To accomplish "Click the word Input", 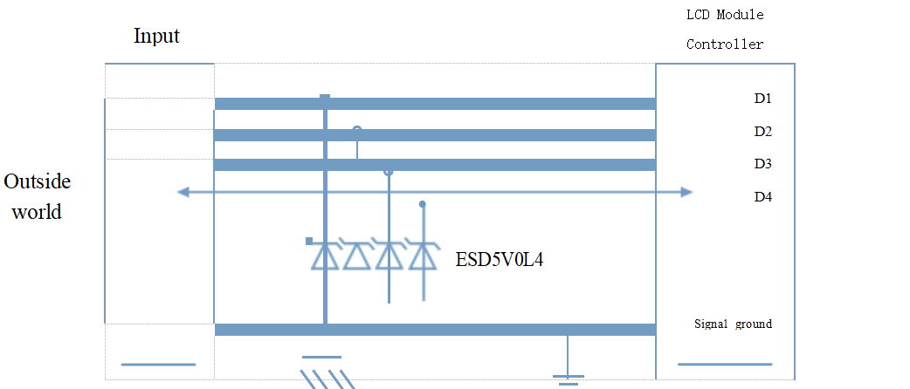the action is pos(156,37).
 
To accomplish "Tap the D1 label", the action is pos(762,99).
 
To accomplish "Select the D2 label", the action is pos(762,132).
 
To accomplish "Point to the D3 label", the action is pos(762,164).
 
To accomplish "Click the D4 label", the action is pos(762,197).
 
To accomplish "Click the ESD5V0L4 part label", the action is pos(500,259).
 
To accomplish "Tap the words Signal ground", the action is pos(733,324).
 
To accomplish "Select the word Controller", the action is pos(725,44).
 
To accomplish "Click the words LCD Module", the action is pos(725,15).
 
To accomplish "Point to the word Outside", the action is pos(38,181).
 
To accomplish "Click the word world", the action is pos(38,212).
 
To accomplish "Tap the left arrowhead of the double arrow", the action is pos(183,192).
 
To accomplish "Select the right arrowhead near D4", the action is pos(686,192).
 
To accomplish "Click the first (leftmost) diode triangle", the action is pos(325,256).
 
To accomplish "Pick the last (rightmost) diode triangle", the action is pos(423,256).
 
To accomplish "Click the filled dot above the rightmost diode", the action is pos(423,204).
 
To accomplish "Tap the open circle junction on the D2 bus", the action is pos(357,129).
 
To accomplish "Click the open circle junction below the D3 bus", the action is pos(389,172).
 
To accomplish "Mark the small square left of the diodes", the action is pos(309,242).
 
